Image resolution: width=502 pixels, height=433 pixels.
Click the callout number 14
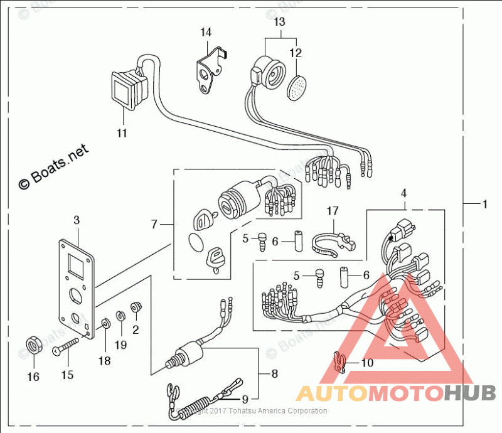pyautogui.click(x=206, y=31)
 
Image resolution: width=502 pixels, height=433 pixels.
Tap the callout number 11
pyautogui.click(x=122, y=133)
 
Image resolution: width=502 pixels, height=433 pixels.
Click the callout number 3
pyautogui.click(x=77, y=220)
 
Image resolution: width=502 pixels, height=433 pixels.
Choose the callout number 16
pyautogui.click(x=33, y=377)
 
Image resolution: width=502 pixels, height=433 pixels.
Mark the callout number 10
pyautogui.click(x=367, y=363)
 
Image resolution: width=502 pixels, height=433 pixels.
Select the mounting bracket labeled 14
pyautogui.click(x=208, y=72)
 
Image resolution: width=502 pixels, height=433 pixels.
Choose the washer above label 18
pyautogui.click(x=105, y=324)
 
